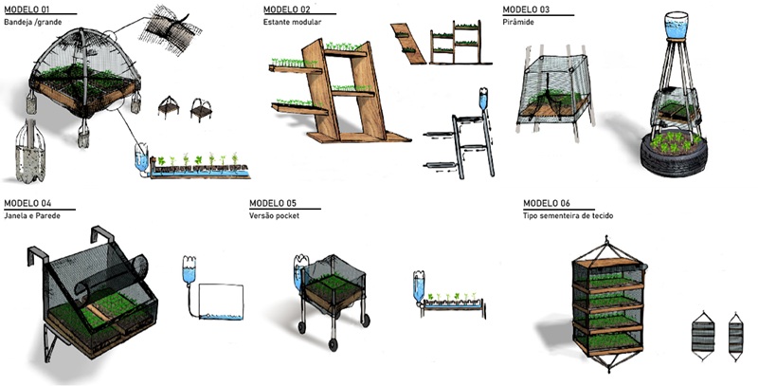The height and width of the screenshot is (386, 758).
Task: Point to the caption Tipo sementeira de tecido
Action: click(x=575, y=215)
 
